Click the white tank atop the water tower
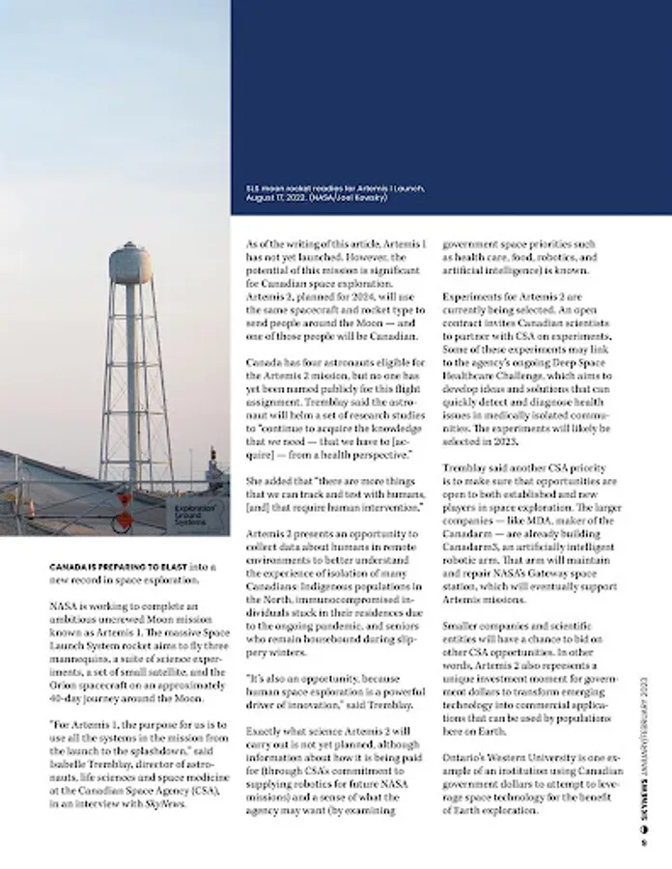click(x=130, y=264)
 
